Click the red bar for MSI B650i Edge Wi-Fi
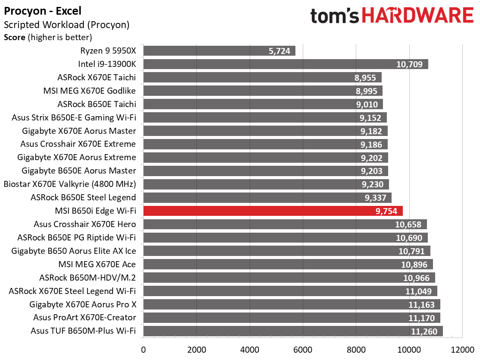pyautogui.click(x=273, y=211)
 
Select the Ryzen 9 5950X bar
pyautogui.click(x=219, y=51)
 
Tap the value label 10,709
pyautogui.click(x=410, y=65)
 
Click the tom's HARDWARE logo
pyautogui.click(x=392, y=16)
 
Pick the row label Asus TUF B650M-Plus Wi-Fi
pyautogui.click(x=83, y=331)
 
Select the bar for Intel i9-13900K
pyautogui.click(x=285, y=64)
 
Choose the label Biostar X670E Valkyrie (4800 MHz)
pyautogui.click(x=70, y=184)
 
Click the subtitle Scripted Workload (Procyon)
pyautogui.click(x=66, y=25)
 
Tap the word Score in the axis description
pyautogui.click(x=15, y=37)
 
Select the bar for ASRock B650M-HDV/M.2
pyautogui.click(x=289, y=278)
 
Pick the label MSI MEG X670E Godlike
pyautogui.click(x=90, y=91)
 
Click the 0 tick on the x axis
pyautogui.click(x=143, y=348)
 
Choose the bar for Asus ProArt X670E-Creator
pyautogui.click(x=292, y=318)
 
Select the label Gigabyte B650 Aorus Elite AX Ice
pyautogui.click(x=74, y=251)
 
